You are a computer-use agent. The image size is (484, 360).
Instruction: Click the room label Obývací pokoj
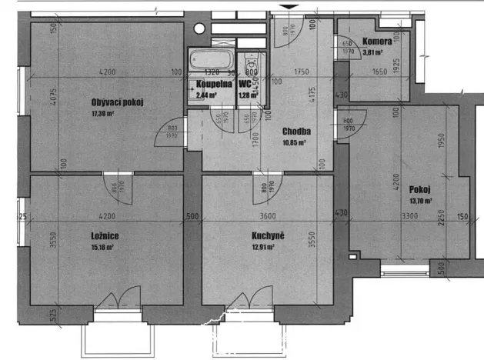click(x=118, y=102)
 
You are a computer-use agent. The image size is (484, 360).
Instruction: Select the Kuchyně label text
click(x=268, y=235)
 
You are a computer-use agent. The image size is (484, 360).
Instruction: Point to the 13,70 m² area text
click(x=421, y=202)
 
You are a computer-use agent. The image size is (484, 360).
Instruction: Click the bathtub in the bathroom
click(x=211, y=59)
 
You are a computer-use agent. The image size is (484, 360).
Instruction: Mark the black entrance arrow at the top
click(x=289, y=8)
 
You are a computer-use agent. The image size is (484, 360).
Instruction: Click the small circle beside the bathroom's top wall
click(x=199, y=28)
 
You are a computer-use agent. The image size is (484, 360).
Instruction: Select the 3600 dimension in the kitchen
click(x=268, y=216)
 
